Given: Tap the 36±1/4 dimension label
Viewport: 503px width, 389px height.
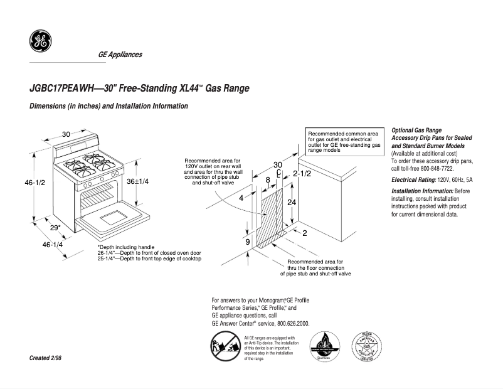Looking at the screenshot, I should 138,181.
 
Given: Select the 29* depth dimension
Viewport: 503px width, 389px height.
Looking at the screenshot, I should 55,228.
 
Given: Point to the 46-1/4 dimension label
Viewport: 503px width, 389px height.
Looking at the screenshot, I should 53,245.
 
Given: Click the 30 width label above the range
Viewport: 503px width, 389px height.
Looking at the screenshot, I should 66,134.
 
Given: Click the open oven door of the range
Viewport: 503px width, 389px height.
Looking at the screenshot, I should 113,219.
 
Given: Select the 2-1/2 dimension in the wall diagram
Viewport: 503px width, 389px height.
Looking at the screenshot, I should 302,173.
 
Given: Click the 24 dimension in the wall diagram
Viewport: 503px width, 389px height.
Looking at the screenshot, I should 291,203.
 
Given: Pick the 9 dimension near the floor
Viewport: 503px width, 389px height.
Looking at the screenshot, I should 247,242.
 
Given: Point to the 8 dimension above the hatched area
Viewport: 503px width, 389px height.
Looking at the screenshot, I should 268,180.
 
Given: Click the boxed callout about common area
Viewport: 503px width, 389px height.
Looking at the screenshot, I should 344,142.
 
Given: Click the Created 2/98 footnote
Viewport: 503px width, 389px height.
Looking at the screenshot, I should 45,358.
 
